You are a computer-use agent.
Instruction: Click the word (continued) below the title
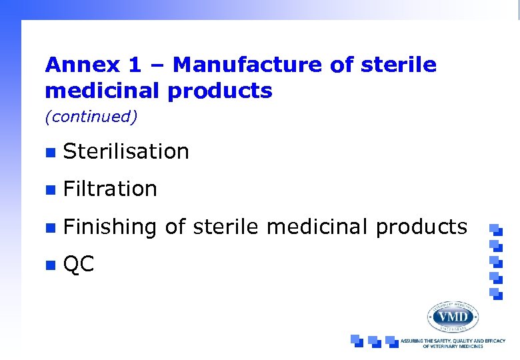click(x=91, y=117)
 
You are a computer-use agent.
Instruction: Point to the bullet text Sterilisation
click(x=126, y=152)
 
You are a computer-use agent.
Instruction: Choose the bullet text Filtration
click(x=110, y=189)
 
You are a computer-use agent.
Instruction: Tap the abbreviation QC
click(x=79, y=265)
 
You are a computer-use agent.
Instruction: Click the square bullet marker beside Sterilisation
click(x=49, y=153)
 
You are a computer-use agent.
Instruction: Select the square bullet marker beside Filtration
click(x=49, y=190)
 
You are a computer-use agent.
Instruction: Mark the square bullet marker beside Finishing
click(x=49, y=227)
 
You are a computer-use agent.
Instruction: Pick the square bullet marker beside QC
click(x=49, y=265)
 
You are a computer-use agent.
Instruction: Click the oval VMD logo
click(x=453, y=316)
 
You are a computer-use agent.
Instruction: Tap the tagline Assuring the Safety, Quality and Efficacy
click(x=453, y=341)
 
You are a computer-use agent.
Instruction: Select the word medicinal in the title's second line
click(x=103, y=91)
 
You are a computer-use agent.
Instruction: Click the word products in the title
click(x=220, y=91)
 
